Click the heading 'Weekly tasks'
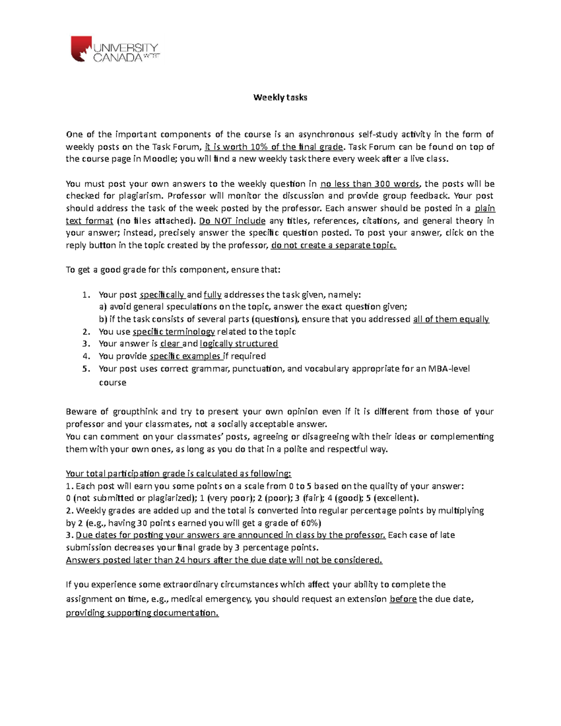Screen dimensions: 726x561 280,98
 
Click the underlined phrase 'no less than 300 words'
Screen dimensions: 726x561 370,184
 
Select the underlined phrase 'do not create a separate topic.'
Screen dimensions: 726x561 333,245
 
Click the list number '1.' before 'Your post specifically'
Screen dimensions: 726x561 85,295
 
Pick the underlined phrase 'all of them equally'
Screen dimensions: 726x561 451,319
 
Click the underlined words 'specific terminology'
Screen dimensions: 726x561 174,331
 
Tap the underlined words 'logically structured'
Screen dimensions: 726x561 239,344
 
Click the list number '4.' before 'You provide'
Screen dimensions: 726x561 85,356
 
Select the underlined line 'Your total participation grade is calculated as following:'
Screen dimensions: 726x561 179,473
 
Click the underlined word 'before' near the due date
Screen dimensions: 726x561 403,599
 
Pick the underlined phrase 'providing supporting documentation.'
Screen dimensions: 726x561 142,613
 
